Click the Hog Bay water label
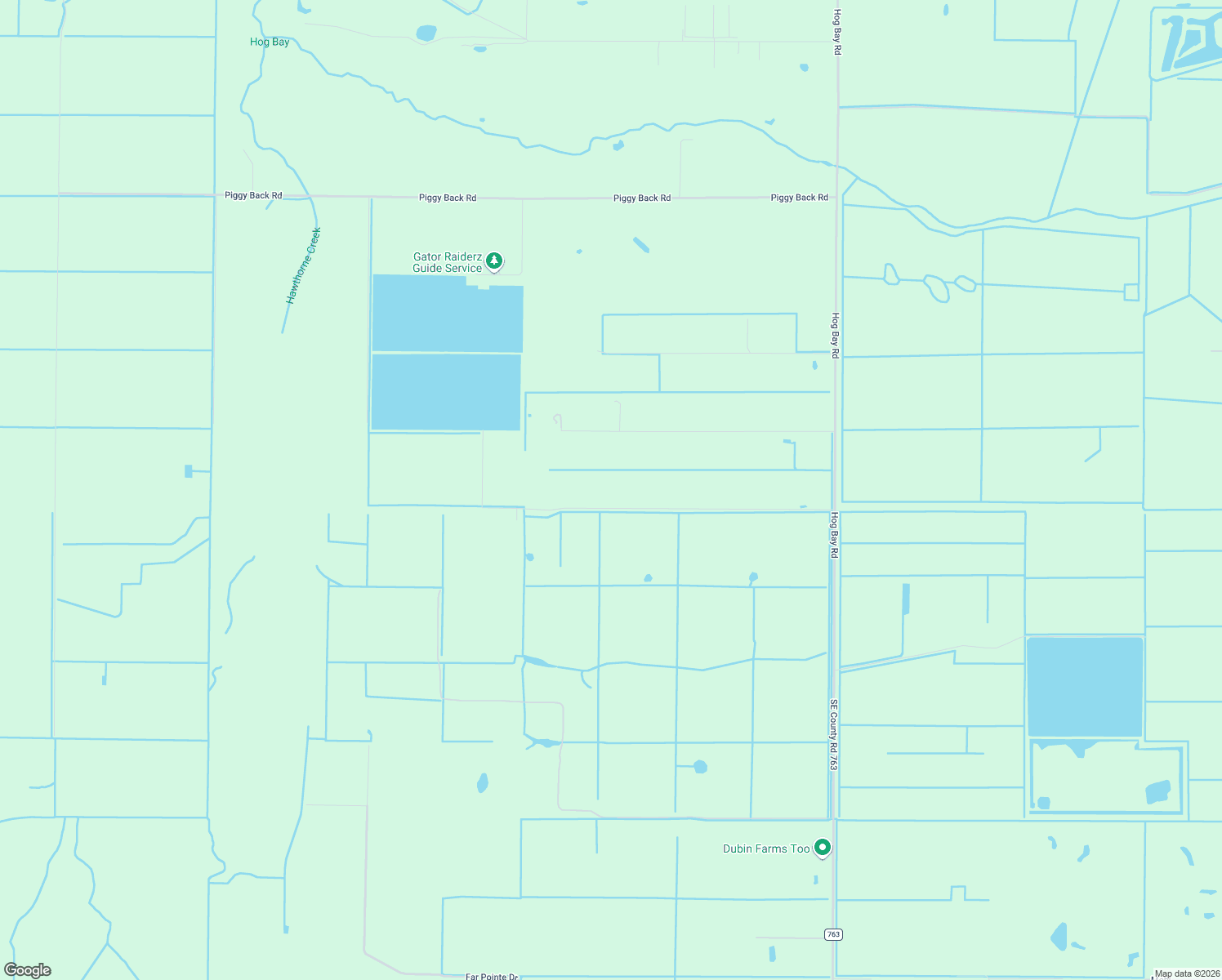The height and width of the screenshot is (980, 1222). coord(270,42)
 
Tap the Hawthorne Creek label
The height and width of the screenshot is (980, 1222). coord(304,266)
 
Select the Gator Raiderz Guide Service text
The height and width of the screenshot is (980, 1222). coord(448,262)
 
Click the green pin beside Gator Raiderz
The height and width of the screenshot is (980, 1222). coord(494,261)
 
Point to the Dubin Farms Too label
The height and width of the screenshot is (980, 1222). coord(765,849)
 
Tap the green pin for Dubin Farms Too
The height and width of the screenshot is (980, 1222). coord(823,848)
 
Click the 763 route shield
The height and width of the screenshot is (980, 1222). coord(832,934)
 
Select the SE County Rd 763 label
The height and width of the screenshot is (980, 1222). coord(833,734)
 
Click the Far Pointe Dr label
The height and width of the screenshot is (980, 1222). coord(491,976)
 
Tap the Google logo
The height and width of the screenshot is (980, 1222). coord(28,969)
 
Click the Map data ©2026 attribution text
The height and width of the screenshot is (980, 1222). coord(1187,973)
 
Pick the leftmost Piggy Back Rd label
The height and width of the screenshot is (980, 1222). coord(253,195)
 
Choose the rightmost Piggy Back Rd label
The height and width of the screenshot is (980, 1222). coord(799,198)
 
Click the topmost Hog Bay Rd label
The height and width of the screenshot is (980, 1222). coord(836,32)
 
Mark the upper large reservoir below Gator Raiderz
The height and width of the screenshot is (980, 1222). coord(447,314)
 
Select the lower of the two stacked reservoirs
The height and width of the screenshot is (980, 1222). coord(446,391)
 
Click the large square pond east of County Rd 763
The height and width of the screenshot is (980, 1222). coord(1084,686)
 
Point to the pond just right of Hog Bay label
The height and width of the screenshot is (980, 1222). coord(426,33)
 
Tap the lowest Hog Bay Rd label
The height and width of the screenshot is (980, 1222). coord(834,535)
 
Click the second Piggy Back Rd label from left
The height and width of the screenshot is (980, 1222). coord(448,198)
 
